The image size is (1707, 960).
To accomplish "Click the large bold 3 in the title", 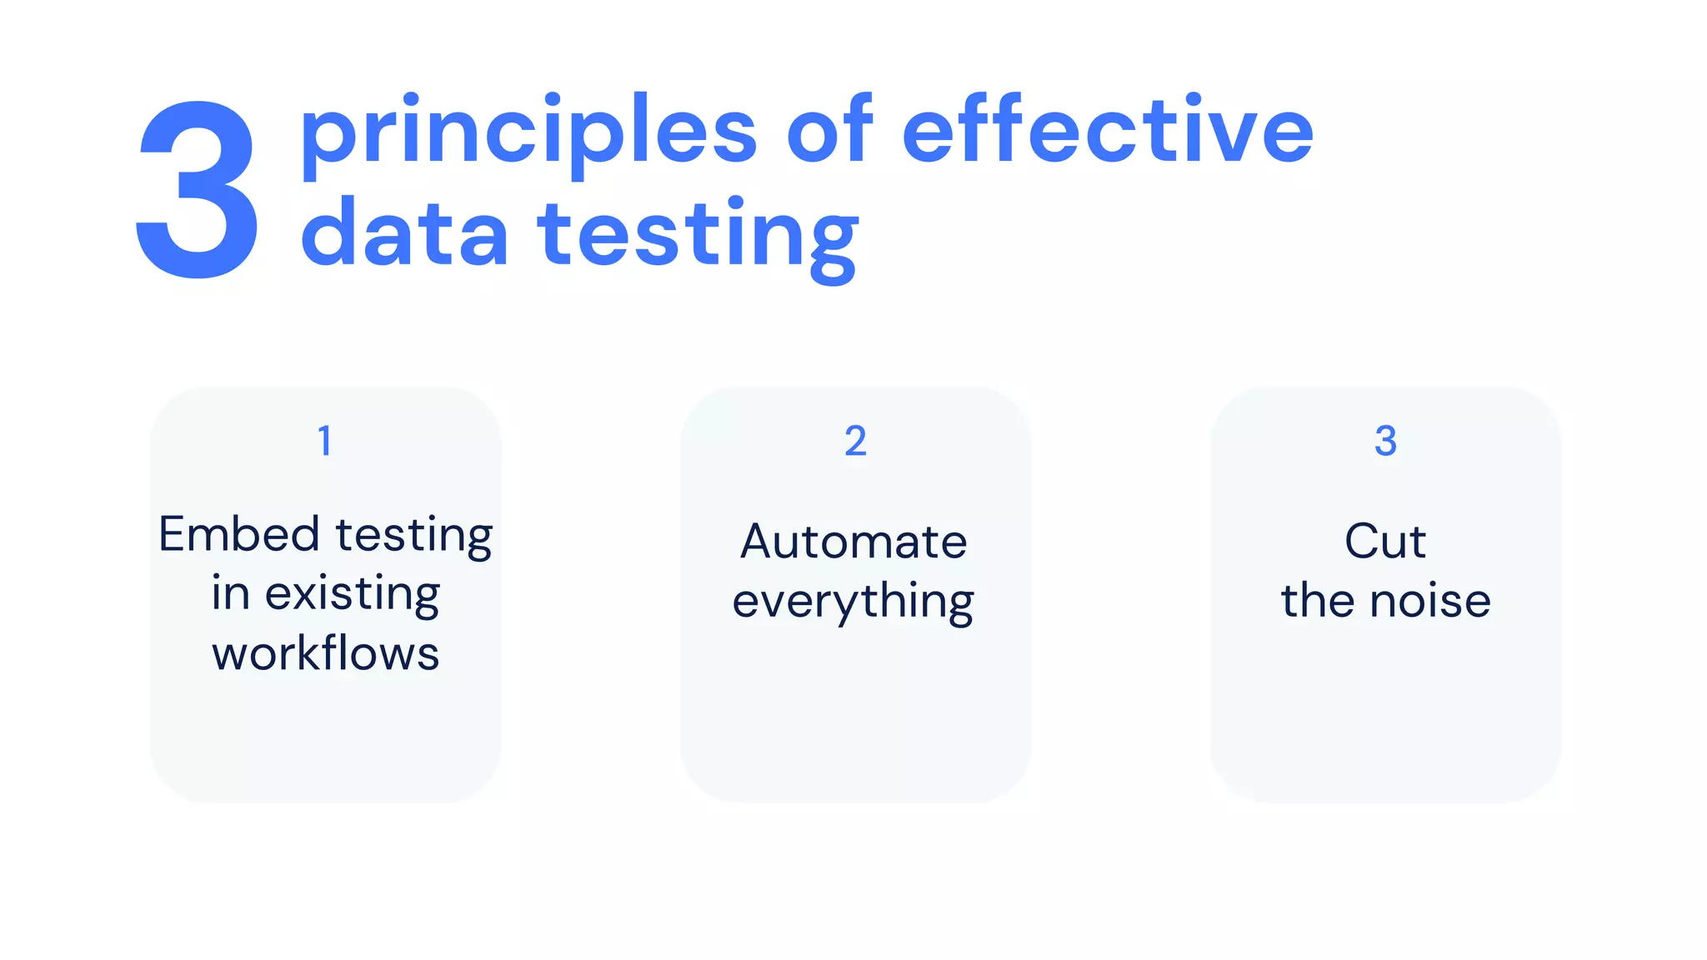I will click(198, 190).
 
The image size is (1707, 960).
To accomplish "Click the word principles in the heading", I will click(528, 133).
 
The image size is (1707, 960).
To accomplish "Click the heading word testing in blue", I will click(698, 237).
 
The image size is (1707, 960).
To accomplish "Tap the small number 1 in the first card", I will click(325, 441).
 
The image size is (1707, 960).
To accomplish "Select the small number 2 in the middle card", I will click(855, 441).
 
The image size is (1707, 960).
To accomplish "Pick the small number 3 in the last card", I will click(1385, 441).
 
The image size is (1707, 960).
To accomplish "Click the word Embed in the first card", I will click(239, 534).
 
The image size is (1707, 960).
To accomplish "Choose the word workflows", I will click(326, 653).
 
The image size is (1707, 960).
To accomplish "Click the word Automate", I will click(853, 542).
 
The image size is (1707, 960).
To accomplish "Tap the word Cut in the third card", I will click(1385, 542).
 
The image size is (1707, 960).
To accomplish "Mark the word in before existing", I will click(230, 593).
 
